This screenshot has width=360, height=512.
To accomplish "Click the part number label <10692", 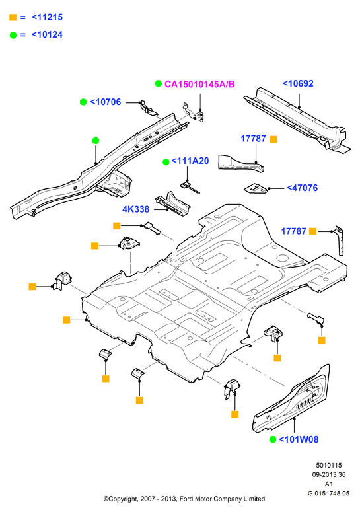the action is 298,84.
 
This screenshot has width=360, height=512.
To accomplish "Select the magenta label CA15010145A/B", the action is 199,85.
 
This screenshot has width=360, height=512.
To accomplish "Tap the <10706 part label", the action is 106,102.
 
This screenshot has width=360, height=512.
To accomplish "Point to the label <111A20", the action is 190,161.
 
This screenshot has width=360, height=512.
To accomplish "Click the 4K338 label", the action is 135,209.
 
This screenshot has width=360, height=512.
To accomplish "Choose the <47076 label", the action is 303,188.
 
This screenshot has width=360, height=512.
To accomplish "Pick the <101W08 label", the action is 299,439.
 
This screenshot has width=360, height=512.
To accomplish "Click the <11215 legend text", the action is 47,17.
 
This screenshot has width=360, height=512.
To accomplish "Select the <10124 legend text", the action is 47,34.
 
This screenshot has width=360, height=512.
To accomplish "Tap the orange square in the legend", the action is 13,17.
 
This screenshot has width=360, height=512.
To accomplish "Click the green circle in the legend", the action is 13,35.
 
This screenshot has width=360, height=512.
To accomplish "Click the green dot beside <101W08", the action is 273,439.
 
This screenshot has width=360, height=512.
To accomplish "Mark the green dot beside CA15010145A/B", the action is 159,84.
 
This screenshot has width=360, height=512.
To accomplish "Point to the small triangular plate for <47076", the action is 256,188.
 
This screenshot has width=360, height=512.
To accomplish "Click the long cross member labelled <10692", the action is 297,120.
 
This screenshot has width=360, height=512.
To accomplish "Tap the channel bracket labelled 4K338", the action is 173,204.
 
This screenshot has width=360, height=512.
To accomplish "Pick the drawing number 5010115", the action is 329,465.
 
